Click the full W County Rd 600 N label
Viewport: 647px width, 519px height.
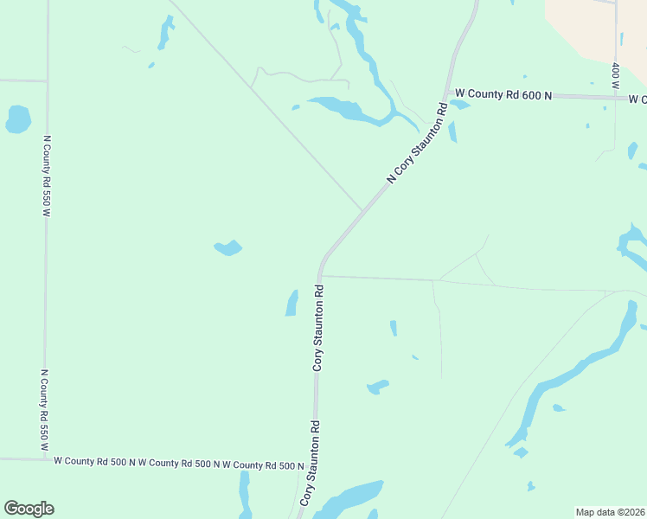[x=503, y=93]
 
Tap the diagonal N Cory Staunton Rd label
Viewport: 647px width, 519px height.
[x=418, y=144]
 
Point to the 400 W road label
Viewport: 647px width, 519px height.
[x=615, y=76]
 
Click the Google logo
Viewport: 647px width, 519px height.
[x=29, y=509]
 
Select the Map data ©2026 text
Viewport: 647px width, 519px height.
[x=610, y=511]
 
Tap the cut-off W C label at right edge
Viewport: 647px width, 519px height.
[x=638, y=99]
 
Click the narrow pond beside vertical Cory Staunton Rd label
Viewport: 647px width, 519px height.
[x=291, y=303]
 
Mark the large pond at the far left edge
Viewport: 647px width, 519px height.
[x=18, y=119]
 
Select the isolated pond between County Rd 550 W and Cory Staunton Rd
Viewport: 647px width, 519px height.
[x=227, y=248]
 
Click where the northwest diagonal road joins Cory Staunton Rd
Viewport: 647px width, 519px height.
[x=362, y=210]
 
